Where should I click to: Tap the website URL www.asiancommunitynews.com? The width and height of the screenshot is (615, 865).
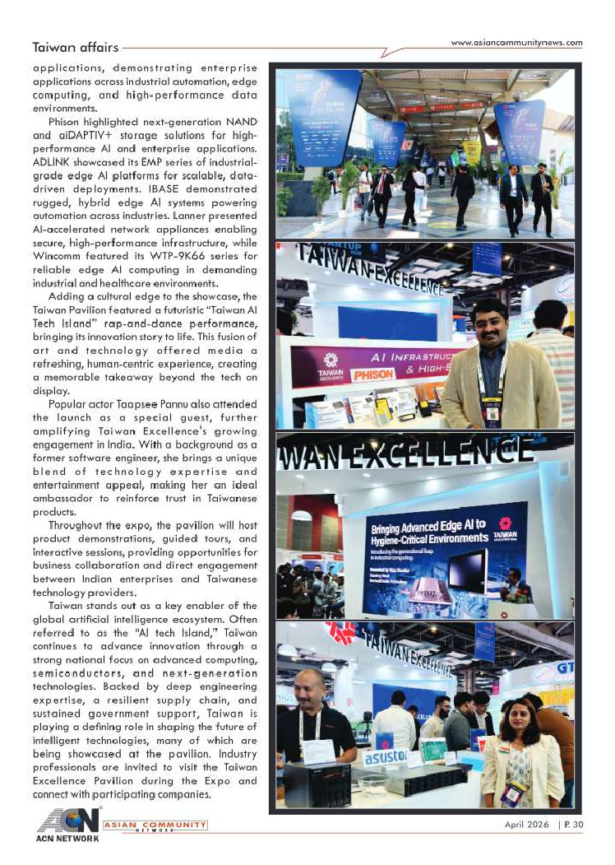[517, 43]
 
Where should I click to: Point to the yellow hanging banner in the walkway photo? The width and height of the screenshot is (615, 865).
[471, 151]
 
